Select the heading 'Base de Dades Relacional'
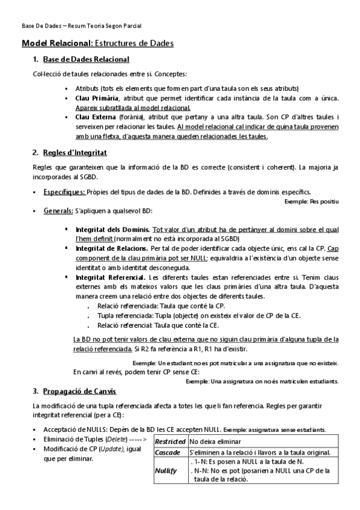(x=87, y=59)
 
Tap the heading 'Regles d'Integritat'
(x=75, y=153)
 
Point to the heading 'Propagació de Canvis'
(x=80, y=392)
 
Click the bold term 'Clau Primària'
(x=97, y=98)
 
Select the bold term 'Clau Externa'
(x=96, y=117)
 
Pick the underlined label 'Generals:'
(x=58, y=211)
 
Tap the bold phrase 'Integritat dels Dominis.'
(x=113, y=230)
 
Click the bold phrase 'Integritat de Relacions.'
(x=112, y=248)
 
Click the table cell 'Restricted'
(x=170, y=442)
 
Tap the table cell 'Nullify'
(x=166, y=470)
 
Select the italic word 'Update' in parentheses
(x=111, y=449)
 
